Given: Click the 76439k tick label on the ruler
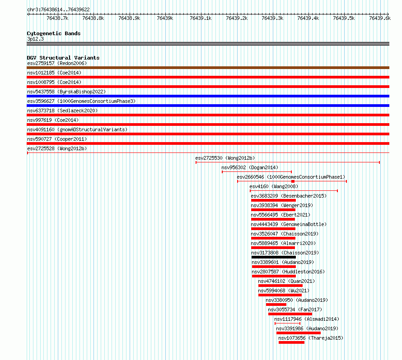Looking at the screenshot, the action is coord(165,18).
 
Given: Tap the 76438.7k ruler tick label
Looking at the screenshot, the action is coord(57,18).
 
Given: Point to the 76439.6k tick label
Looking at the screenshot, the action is coord(380,18).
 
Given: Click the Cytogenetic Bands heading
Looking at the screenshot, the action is coord(54,33).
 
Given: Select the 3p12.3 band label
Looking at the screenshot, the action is coord(35,39).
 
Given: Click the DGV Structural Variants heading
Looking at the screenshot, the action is coord(63,58).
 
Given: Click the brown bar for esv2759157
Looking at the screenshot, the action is coord(208,68).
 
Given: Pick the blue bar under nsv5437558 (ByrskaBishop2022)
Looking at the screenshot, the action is coord(208,96).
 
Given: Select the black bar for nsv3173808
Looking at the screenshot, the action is coord(274,257).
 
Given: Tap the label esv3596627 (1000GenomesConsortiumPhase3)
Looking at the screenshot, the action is coord(81,101).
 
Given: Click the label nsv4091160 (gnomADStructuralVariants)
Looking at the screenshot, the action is coord(77,129).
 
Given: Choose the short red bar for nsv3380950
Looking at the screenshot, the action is coord(276,305).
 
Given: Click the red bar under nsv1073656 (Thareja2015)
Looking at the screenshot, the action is coord(291,342).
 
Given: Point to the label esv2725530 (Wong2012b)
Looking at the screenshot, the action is coord(225,158).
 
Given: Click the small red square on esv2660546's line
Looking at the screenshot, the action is coord(293,181).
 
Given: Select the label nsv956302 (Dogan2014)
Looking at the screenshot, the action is coord(250,167).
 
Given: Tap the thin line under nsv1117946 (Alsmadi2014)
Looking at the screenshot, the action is coord(287,323).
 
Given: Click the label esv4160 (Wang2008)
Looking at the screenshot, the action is coord(274,186).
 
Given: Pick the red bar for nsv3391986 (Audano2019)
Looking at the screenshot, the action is coord(299,333).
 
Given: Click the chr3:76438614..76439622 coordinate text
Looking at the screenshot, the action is coord(58,9).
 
